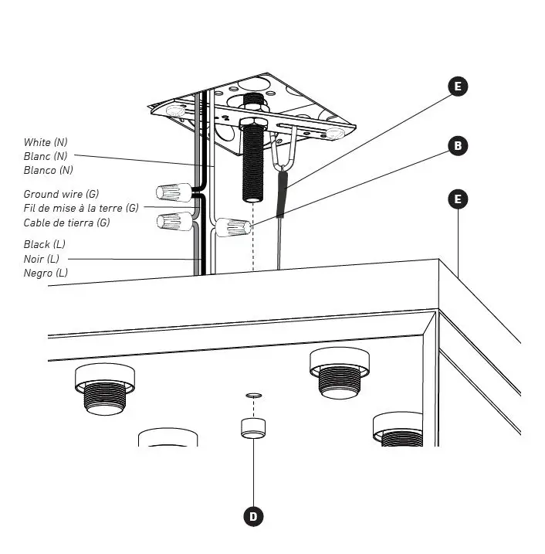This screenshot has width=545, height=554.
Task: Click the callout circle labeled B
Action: click(458, 145)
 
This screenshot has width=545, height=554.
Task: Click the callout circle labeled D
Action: click(253, 516)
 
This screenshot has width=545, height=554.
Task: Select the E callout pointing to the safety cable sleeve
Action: click(458, 87)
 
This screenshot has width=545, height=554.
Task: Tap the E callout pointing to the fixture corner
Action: click(458, 199)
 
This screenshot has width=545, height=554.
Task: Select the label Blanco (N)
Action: click(49, 170)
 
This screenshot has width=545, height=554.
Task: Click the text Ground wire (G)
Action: click(61, 194)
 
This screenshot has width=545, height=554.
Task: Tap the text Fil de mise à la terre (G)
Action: click(81, 208)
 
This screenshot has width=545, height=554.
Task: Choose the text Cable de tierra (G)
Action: click(66, 223)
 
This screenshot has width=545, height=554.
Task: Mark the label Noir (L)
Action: click(42, 259)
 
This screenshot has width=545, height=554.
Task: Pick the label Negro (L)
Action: click(46, 273)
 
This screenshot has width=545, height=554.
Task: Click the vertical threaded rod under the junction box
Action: click(253, 166)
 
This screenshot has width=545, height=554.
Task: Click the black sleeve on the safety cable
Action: click(283, 195)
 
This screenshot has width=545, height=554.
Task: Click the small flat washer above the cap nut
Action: click(253, 395)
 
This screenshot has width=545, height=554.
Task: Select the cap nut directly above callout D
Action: click(253, 427)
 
